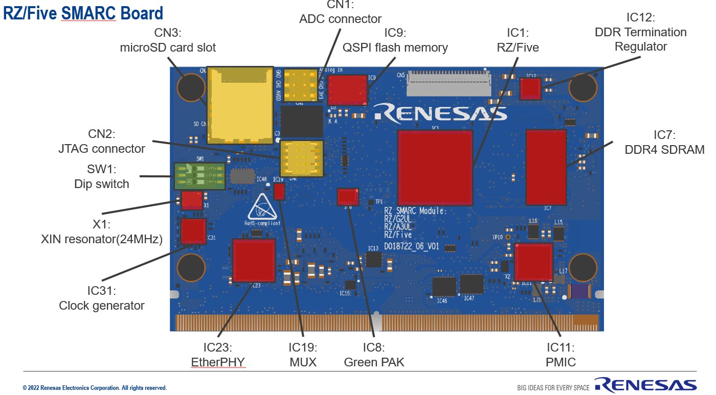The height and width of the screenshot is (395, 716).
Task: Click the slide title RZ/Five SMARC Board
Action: point(83,13)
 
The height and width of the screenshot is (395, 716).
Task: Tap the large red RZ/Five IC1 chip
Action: point(435,168)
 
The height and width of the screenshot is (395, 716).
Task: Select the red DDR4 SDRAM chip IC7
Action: point(546,167)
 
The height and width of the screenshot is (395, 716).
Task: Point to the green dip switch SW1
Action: point(199,176)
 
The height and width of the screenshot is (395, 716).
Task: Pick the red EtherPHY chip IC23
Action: point(254,260)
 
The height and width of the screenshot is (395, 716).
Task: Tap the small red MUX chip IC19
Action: point(279,192)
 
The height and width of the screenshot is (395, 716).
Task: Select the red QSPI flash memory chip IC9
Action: point(347,90)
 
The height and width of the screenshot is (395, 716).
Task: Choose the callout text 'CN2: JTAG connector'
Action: point(102,142)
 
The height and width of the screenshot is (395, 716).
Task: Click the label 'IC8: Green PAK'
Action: point(374,355)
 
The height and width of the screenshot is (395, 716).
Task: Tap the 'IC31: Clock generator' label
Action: point(101,298)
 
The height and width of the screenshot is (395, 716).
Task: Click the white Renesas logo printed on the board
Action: point(440,113)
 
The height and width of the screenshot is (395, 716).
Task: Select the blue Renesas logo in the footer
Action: point(645,385)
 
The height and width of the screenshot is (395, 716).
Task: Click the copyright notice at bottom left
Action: point(95,388)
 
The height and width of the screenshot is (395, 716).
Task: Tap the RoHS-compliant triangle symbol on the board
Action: point(263,207)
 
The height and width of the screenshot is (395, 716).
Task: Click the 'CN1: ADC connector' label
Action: point(340,12)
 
